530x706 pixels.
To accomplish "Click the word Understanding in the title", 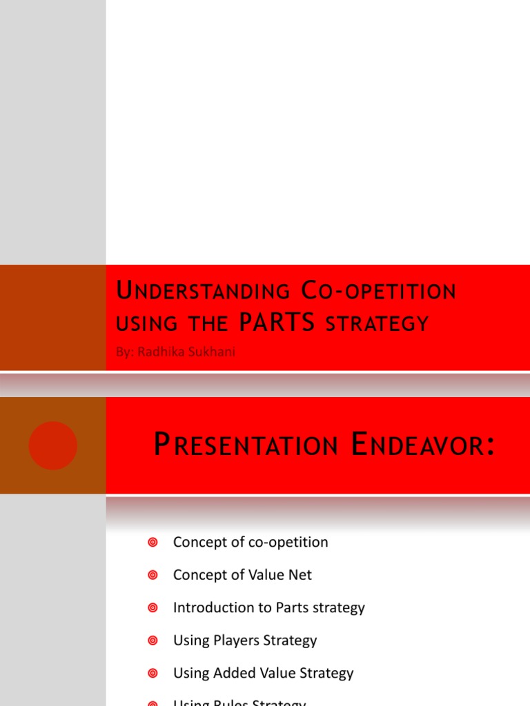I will point(203,292).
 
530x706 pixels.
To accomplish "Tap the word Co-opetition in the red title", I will point(379,292).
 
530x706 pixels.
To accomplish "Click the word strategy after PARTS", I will point(377,323).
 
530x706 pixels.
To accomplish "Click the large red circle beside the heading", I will point(53,445).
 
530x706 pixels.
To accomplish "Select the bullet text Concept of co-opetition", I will point(251,542).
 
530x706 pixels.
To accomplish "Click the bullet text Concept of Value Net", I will point(242,574).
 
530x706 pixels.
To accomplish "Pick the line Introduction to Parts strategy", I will point(268,607).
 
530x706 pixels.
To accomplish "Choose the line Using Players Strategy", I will point(245,640).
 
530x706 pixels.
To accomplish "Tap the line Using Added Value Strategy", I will point(263,673).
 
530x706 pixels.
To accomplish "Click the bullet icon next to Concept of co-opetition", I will point(153,543).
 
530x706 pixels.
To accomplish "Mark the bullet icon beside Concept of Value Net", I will point(153,575).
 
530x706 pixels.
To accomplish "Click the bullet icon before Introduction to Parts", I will point(153,607).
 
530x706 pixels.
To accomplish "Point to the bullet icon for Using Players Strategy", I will point(153,641).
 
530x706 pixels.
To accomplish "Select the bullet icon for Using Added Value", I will point(153,673).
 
